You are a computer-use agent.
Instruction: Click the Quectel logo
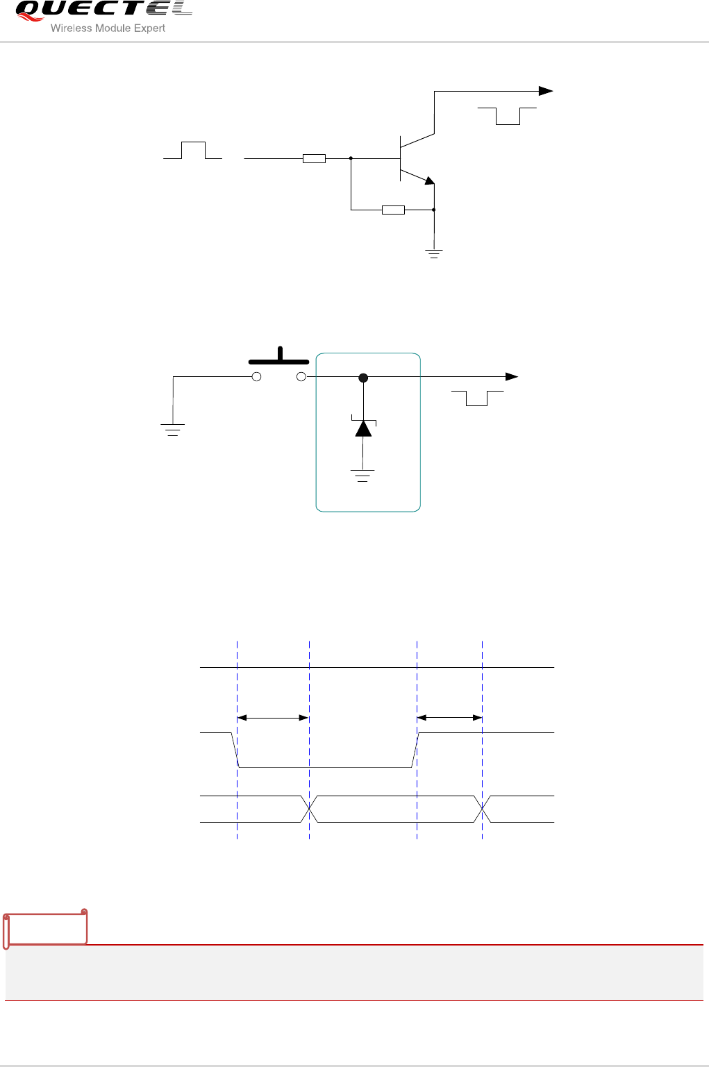103,10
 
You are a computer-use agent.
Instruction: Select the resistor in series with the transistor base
314,158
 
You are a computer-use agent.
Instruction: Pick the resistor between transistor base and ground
393,210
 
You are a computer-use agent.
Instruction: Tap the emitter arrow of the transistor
429,181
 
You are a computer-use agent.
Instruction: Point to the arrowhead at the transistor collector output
547,91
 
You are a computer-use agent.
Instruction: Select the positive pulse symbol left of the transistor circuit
193,150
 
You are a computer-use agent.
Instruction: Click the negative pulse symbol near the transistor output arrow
508,116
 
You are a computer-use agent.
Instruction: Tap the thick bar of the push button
279,361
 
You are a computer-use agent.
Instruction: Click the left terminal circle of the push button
256,377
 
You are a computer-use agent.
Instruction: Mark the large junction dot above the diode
362,378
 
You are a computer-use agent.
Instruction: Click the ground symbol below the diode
362,476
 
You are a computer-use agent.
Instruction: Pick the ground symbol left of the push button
173,430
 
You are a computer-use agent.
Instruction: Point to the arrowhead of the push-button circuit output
512,377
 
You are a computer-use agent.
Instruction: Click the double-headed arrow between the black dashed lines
273,718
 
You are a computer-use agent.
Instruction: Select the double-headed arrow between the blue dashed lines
449,718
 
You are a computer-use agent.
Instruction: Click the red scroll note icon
46,927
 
